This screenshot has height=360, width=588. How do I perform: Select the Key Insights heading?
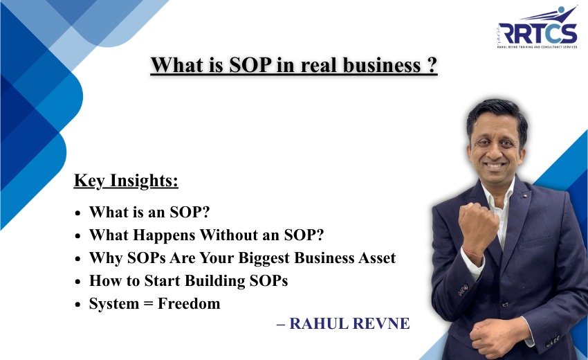pyautogui.click(x=126, y=181)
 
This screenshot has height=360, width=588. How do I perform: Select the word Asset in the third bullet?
pyautogui.click(x=373, y=258)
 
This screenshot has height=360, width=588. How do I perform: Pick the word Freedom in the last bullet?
pyautogui.click(x=189, y=304)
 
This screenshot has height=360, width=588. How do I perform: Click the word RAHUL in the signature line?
pyautogui.click(x=320, y=324)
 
